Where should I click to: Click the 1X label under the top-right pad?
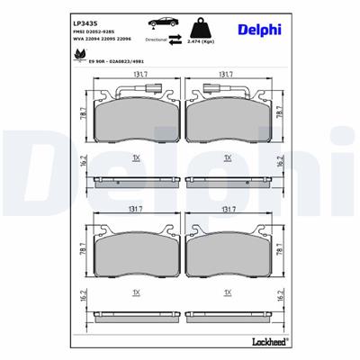tap(227, 157)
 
